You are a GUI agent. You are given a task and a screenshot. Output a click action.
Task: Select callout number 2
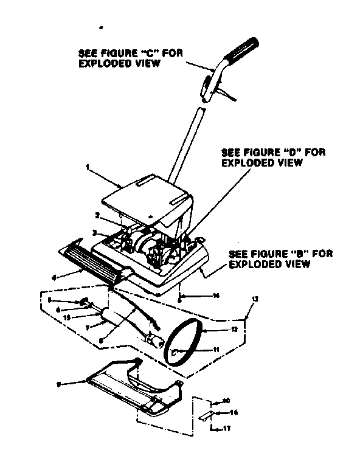tap(96, 215)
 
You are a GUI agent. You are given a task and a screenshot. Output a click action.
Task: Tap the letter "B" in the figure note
tap(288, 254)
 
